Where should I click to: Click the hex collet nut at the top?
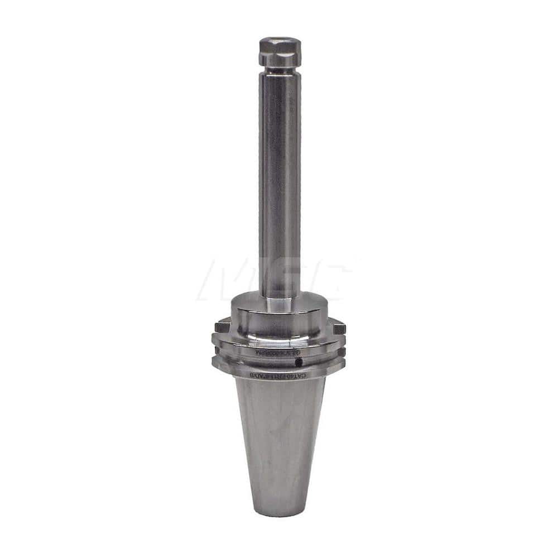click(280, 54)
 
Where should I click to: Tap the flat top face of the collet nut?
click(280, 41)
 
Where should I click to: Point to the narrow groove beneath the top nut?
click(280, 71)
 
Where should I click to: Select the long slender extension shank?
click(280, 179)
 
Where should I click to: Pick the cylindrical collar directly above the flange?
click(280, 315)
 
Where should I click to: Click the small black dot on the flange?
click(299, 363)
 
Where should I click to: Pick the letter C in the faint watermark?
click(329, 279)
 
